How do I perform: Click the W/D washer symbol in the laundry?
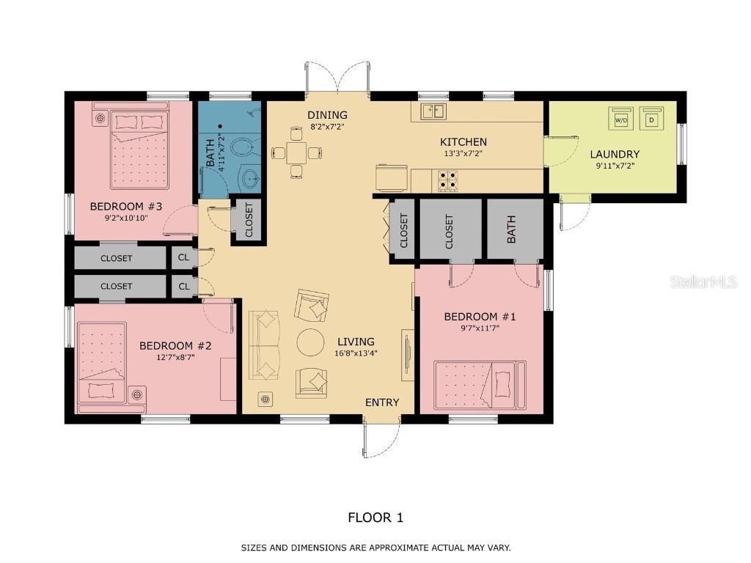(620, 119)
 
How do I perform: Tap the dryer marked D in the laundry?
(651, 119)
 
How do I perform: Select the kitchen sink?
(433, 111)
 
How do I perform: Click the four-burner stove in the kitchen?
(447, 180)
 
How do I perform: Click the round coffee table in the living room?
(311, 343)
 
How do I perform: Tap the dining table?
(297, 153)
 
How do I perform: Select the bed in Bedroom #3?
(139, 150)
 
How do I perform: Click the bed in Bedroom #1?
(480, 385)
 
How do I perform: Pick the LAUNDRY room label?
(615, 154)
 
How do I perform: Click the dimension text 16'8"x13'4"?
(356, 354)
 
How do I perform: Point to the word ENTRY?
(382, 402)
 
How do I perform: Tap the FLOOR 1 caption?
(375, 518)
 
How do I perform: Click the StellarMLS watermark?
(703, 281)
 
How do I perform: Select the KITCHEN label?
(464, 142)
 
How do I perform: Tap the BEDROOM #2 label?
(175, 346)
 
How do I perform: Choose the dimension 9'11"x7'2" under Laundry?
(615, 166)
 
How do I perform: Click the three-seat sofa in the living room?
(264, 345)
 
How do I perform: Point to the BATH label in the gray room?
(510, 229)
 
